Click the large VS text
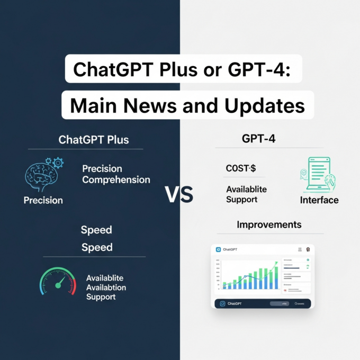(x=179, y=195)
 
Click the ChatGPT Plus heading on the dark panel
(x=93, y=140)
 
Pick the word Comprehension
(x=116, y=179)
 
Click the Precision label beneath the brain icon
(x=43, y=200)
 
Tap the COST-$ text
(x=241, y=168)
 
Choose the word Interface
(x=319, y=200)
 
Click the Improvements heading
(x=269, y=224)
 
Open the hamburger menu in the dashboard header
(x=300, y=249)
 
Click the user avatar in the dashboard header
(x=308, y=249)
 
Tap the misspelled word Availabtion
(x=106, y=287)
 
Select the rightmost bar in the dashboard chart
(x=275, y=277)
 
